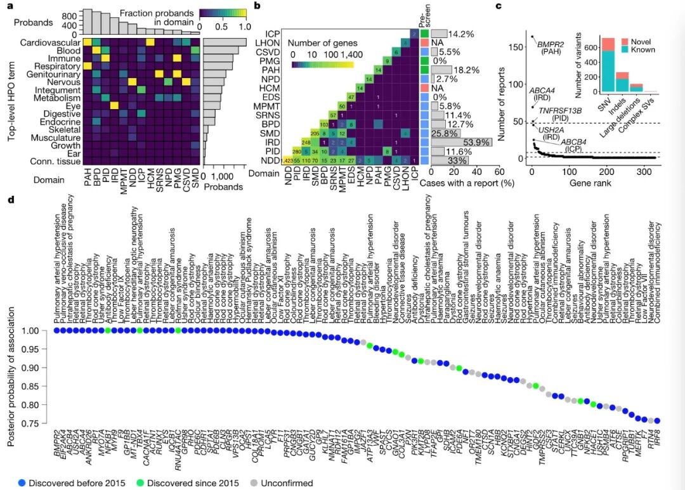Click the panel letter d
point(10,200)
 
